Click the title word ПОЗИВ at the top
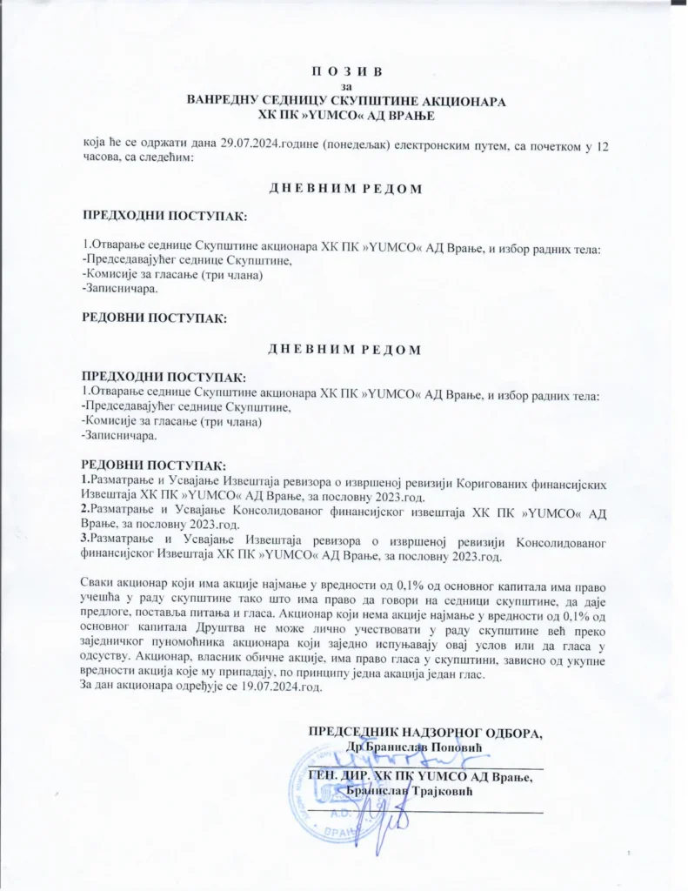tap(345, 70)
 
